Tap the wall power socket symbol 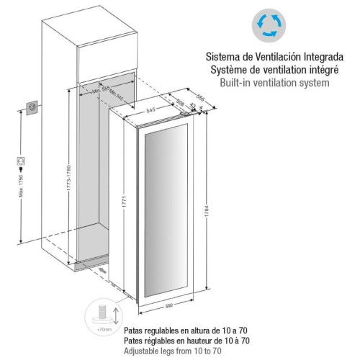click(x=32, y=107)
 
